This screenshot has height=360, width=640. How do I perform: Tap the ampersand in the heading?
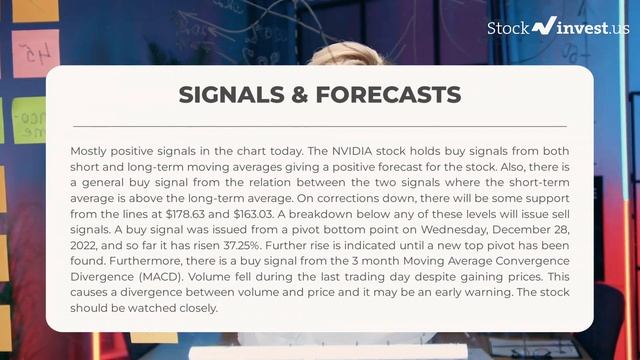click(x=296, y=95)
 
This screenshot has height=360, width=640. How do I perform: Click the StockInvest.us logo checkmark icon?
click(x=545, y=27)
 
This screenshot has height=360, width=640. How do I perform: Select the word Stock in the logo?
click(x=508, y=28)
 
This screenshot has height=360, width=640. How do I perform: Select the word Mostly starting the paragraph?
click(x=91, y=150)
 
